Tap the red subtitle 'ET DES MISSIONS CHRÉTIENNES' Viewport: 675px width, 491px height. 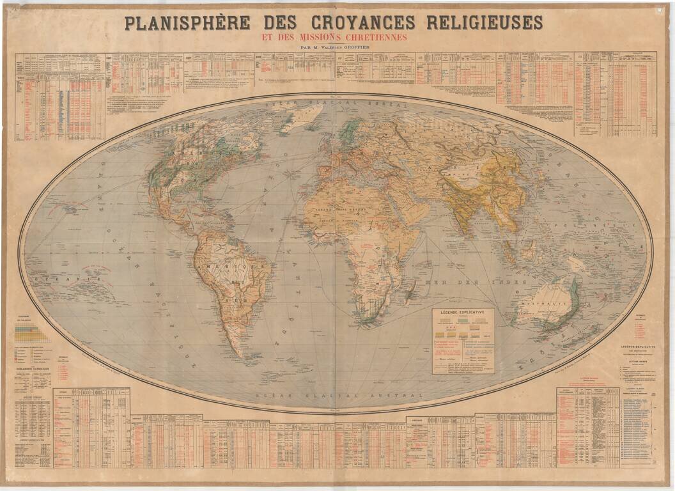pos(334,37)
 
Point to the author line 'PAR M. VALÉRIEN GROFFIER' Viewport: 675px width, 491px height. pos(334,47)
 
